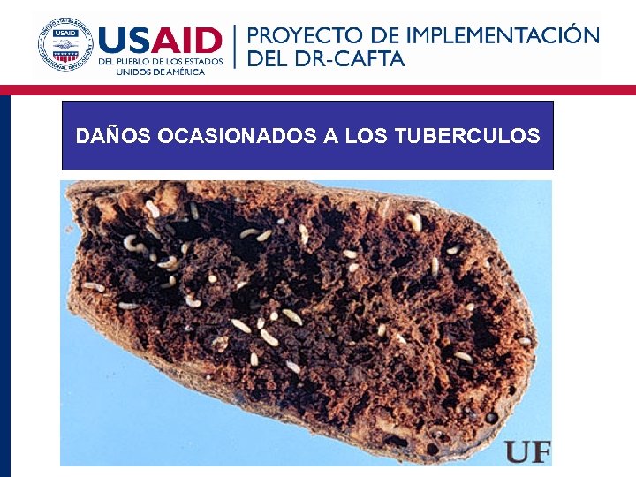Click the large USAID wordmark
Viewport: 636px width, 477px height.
pyautogui.click(x=160, y=40)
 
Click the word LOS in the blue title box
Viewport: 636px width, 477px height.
pyautogui.click(x=367, y=136)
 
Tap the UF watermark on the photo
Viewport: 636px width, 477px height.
pyautogui.click(x=527, y=451)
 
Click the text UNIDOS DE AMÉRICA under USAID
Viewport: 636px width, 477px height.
pyautogui.click(x=160, y=72)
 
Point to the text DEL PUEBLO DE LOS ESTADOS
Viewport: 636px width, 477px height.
pyautogui.click(x=160, y=62)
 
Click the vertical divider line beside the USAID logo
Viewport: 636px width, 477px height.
pyautogui.click(x=235, y=47)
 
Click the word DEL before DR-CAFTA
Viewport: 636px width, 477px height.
pyautogui.click(x=268, y=60)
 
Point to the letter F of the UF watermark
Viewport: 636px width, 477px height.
pyautogui.click(x=540, y=451)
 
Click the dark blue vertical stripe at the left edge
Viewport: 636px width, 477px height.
pyautogui.click(x=4, y=283)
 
